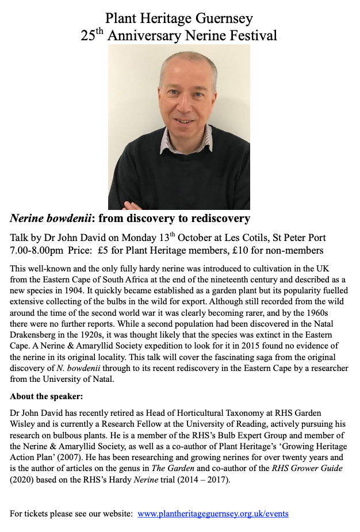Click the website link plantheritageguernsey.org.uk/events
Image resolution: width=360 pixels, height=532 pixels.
click(x=213, y=513)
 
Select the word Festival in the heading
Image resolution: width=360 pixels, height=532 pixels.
click(x=251, y=36)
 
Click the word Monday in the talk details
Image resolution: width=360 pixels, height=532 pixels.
click(x=137, y=238)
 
